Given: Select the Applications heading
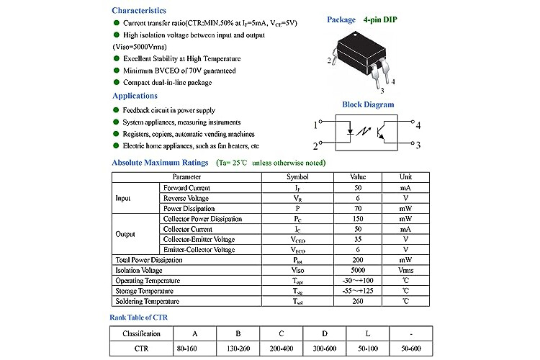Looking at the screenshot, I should [135, 96].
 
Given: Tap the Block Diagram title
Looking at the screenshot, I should [368, 104].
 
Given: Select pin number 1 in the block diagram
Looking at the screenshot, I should [315, 125].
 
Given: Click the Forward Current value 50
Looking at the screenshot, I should [358, 188].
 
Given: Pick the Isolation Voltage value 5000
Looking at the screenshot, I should [358, 270].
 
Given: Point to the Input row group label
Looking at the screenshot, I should [123, 198].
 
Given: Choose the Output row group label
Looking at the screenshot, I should [125, 234].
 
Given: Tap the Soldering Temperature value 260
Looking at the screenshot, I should [358, 301].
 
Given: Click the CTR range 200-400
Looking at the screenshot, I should [281, 348].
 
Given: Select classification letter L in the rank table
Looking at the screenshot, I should [368, 333].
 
